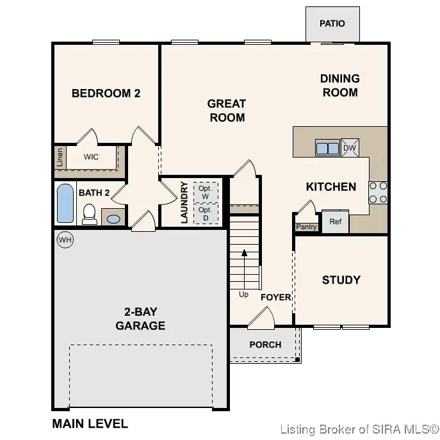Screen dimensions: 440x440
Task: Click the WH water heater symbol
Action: (65, 240)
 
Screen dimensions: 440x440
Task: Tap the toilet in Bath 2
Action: (90, 214)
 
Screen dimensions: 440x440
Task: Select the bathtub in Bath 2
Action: (65, 204)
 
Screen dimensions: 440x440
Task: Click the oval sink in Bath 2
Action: (113, 219)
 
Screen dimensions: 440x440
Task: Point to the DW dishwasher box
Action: (350, 148)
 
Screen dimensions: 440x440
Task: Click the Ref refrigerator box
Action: (335, 222)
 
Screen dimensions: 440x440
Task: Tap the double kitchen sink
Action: (327, 148)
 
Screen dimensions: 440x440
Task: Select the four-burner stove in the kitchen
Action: (378, 192)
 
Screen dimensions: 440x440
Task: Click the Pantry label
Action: (306, 227)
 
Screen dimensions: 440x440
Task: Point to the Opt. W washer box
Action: (205, 192)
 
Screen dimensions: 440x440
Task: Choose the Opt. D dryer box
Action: (205, 214)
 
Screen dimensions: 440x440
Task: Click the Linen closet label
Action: (60, 158)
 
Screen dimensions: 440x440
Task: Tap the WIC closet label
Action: (92, 156)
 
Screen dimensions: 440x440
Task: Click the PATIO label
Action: (332, 24)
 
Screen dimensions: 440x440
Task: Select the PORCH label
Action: (265, 345)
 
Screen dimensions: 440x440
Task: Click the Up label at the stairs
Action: (243, 295)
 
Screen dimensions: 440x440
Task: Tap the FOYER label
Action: (275, 297)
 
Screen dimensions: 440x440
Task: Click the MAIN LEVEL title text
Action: (90, 423)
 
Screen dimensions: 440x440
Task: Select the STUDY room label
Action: (341, 280)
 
